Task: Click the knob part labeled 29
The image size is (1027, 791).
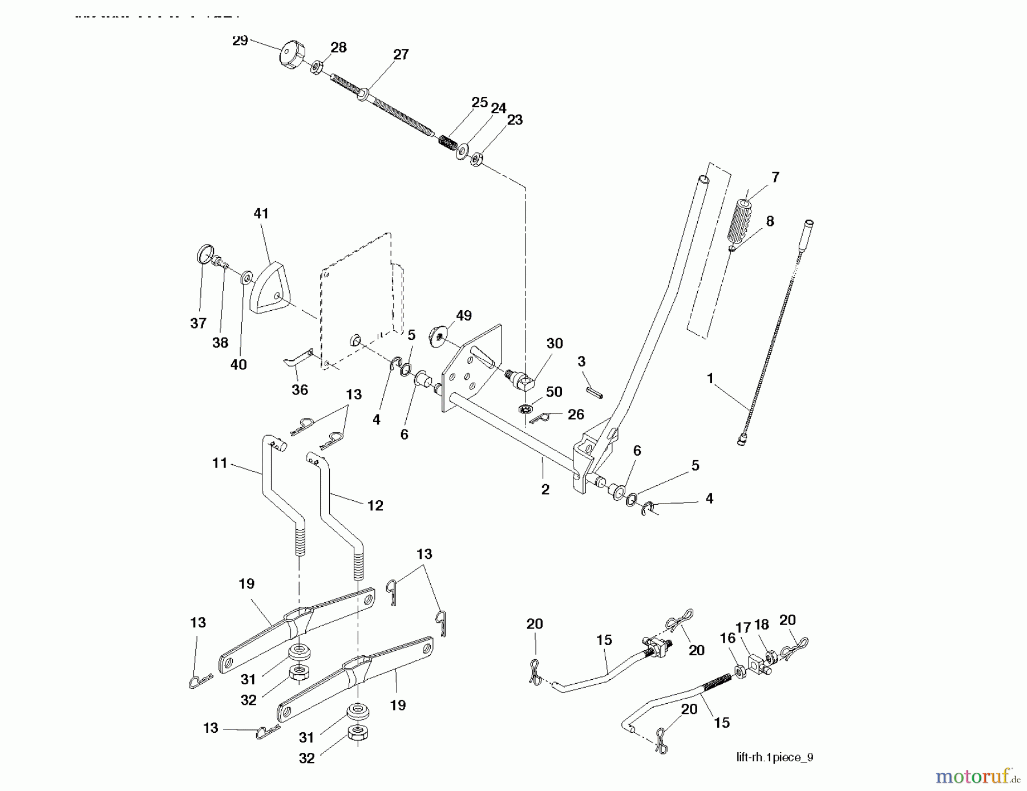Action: click(x=292, y=56)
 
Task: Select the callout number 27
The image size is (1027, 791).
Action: click(x=401, y=54)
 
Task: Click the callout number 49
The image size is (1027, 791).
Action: click(x=463, y=315)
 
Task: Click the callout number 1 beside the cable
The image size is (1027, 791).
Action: click(x=710, y=378)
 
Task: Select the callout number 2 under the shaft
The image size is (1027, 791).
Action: click(x=545, y=489)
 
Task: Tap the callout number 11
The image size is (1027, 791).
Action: click(x=220, y=463)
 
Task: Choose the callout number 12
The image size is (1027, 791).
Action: click(x=375, y=505)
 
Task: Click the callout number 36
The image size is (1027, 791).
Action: click(x=300, y=390)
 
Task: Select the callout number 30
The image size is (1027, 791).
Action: click(x=554, y=343)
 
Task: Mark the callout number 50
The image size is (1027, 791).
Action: click(x=553, y=391)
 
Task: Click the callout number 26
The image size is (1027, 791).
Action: click(x=576, y=414)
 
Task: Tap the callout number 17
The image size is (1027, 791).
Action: click(x=742, y=627)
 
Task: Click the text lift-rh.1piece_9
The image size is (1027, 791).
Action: click(x=774, y=757)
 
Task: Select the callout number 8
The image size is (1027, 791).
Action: click(x=770, y=221)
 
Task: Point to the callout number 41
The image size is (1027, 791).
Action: click(x=261, y=213)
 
